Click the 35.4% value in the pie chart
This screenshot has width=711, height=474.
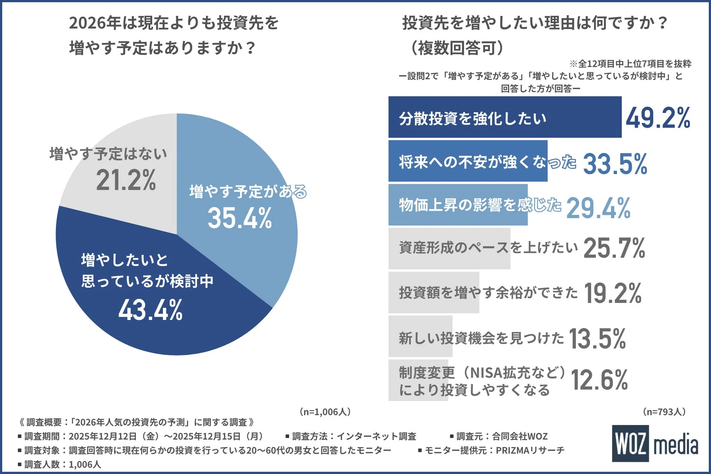point(240,218)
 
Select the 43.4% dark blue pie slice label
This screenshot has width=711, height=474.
point(150,310)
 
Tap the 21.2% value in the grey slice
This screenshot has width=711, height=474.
point(126,180)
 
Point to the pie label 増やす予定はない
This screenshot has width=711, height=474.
point(108,154)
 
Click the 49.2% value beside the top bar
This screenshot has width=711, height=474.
point(658,118)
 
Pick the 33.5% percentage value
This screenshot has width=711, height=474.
point(615,164)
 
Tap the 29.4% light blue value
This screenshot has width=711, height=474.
point(598,208)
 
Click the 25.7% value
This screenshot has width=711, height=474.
point(614,248)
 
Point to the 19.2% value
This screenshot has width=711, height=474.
point(612,293)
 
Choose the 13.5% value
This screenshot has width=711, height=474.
point(597,338)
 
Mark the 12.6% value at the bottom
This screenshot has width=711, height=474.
point(599,380)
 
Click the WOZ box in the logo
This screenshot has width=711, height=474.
point(630,443)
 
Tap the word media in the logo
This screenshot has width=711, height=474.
point(676,445)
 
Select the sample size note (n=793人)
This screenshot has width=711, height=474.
point(664,412)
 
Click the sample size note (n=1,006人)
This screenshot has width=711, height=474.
point(325,412)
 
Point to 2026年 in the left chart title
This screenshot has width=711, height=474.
point(95,23)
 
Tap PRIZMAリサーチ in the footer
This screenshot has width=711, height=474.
point(530,450)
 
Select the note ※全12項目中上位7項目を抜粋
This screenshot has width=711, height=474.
point(630,64)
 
